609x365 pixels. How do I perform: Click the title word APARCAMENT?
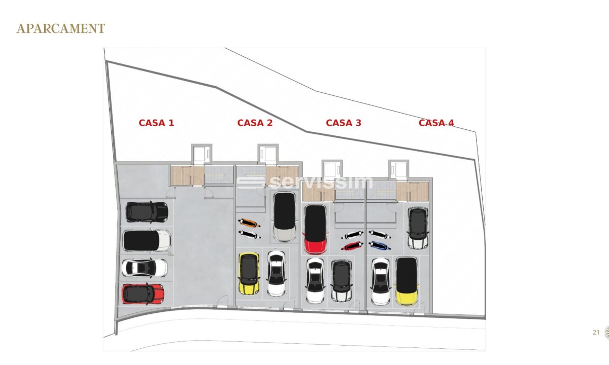tap(60, 28)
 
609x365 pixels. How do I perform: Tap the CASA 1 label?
tap(156, 123)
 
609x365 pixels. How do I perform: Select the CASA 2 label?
tap(255, 123)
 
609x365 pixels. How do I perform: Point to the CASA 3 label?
tap(344, 123)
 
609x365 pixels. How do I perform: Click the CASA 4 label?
tap(436, 123)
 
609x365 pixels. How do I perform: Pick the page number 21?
tap(596, 333)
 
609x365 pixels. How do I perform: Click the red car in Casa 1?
tap(143, 294)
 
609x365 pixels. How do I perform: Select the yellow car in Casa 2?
tap(249, 273)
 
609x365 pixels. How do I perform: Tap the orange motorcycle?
tap(249, 223)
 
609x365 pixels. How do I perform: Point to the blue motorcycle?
tap(380, 245)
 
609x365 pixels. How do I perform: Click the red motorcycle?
tap(352, 246)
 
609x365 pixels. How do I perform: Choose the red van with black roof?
tap(315, 229)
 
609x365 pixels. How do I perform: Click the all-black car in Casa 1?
tap(147, 212)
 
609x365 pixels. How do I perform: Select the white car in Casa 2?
tap(276, 273)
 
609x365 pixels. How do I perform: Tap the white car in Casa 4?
tap(381, 281)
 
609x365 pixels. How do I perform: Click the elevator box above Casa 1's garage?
tap(202, 154)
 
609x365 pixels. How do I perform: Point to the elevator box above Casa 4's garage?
tap(398, 170)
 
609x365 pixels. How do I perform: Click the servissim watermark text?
tap(305, 182)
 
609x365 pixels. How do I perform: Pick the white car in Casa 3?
tap(315, 280)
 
